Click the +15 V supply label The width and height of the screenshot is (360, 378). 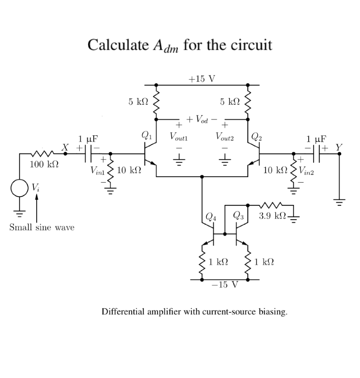[201, 79]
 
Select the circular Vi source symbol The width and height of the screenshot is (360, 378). [18, 188]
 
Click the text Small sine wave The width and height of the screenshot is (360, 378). [42, 227]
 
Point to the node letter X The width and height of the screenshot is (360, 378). [65, 147]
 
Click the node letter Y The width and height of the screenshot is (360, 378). [339, 147]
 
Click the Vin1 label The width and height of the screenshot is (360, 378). [97, 171]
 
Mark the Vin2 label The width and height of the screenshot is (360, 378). [307, 171]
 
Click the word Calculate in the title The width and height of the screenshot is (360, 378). [117, 45]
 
